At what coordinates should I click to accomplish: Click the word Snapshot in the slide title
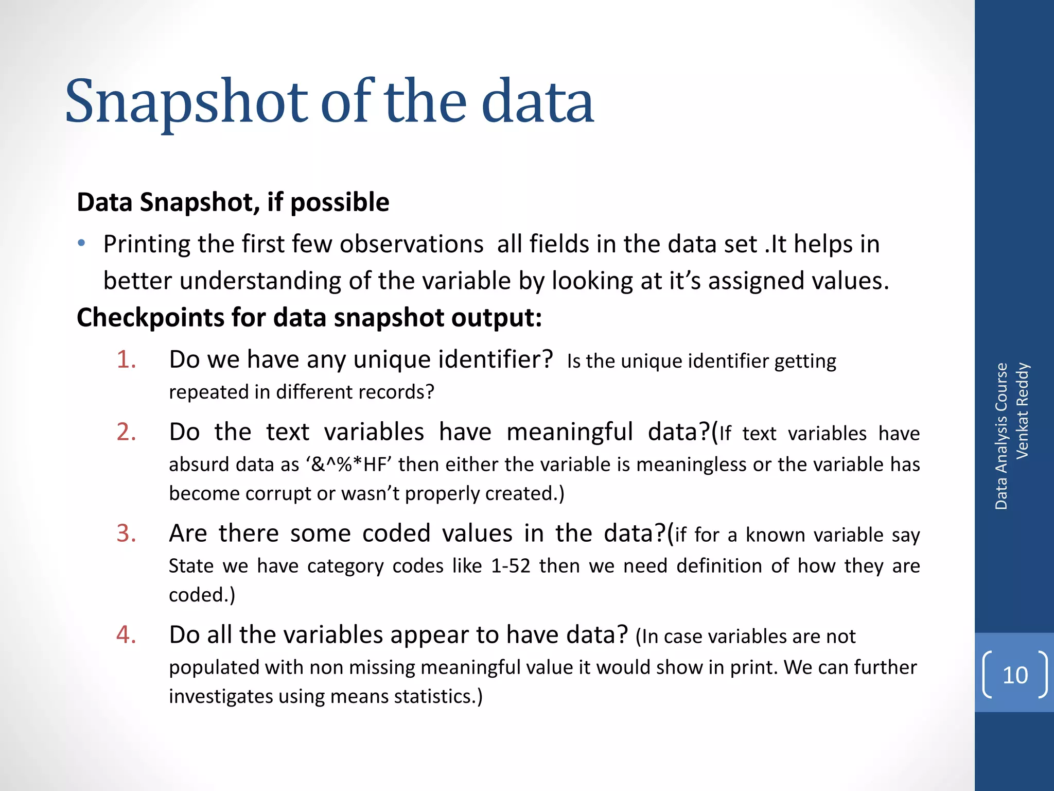tap(186, 102)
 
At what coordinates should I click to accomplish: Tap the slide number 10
tap(1015, 675)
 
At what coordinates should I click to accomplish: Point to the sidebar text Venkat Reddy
tap(1022, 410)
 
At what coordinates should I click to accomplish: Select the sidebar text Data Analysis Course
tap(1001, 436)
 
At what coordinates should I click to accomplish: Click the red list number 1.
tap(126, 359)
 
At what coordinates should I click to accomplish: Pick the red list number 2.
tap(126, 432)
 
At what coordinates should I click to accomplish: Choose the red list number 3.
tap(126, 534)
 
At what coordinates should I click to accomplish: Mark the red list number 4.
tap(126, 635)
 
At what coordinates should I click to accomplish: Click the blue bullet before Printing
tap(81, 243)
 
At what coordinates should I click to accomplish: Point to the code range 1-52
tap(511, 566)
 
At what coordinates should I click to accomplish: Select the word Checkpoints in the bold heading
tap(150, 318)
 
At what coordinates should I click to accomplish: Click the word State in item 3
tap(191, 566)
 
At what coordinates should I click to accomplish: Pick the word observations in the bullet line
tap(411, 244)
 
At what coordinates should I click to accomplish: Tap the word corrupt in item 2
tap(278, 493)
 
